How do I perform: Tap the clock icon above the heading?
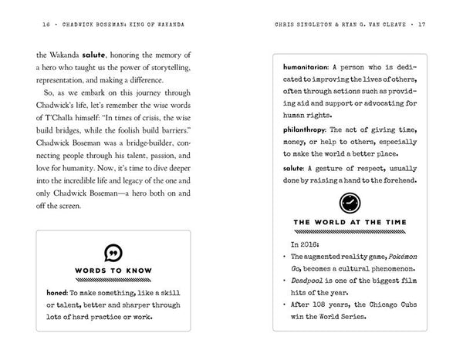349,203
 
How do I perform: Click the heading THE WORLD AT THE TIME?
349,222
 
